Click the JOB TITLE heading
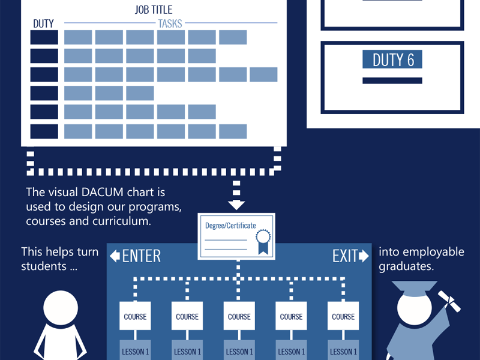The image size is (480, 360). pyautogui.click(x=154, y=10)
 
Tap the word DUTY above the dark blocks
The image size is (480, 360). pyautogui.click(x=43, y=23)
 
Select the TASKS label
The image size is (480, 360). pyautogui.click(x=170, y=23)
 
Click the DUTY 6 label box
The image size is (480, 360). pyautogui.click(x=392, y=59)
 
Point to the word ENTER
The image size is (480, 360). pyautogui.click(x=142, y=256)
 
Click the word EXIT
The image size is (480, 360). pyautogui.click(x=345, y=256)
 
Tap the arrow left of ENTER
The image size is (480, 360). pyautogui.click(x=115, y=256)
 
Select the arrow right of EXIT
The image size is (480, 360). pyautogui.click(x=364, y=256)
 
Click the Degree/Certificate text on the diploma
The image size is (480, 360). pyautogui.click(x=230, y=226)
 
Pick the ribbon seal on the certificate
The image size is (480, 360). pyautogui.click(x=263, y=242)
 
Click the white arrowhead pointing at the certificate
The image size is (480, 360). pyautogui.click(x=236, y=205)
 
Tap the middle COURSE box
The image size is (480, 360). pyautogui.click(x=239, y=316)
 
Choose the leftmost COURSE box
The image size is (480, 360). pyautogui.click(x=135, y=316)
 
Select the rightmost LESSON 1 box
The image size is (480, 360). pyautogui.click(x=343, y=350)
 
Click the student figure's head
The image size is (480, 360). pyautogui.click(x=61, y=308)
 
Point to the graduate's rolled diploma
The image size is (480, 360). pyautogui.click(x=449, y=302)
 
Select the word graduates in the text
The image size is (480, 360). pyautogui.click(x=406, y=266)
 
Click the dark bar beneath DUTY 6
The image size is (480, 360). pyautogui.click(x=392, y=80)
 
